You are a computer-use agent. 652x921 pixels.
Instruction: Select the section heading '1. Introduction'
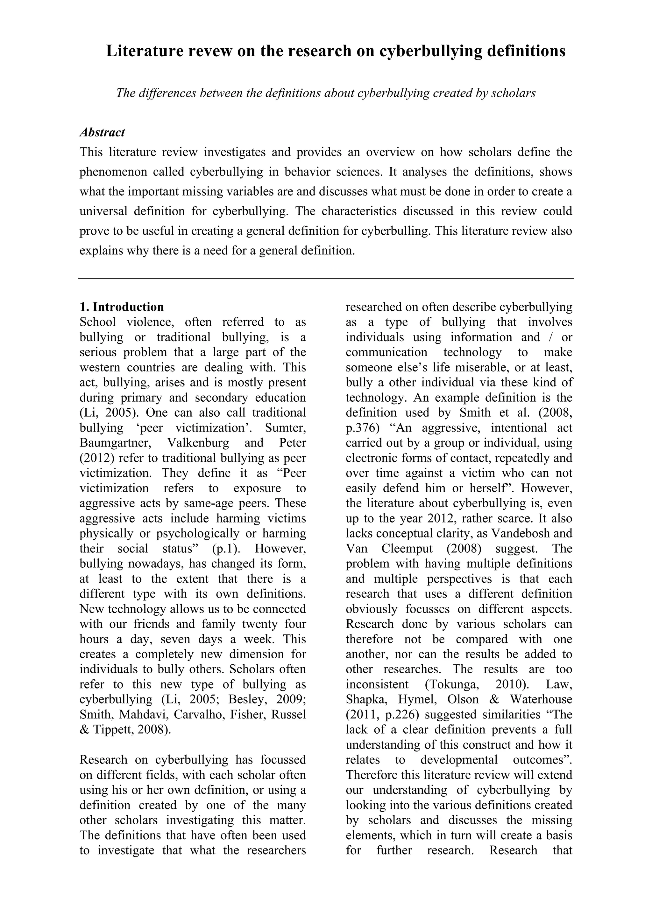tap(122, 307)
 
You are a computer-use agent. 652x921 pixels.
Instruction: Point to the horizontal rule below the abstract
tap(326, 278)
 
